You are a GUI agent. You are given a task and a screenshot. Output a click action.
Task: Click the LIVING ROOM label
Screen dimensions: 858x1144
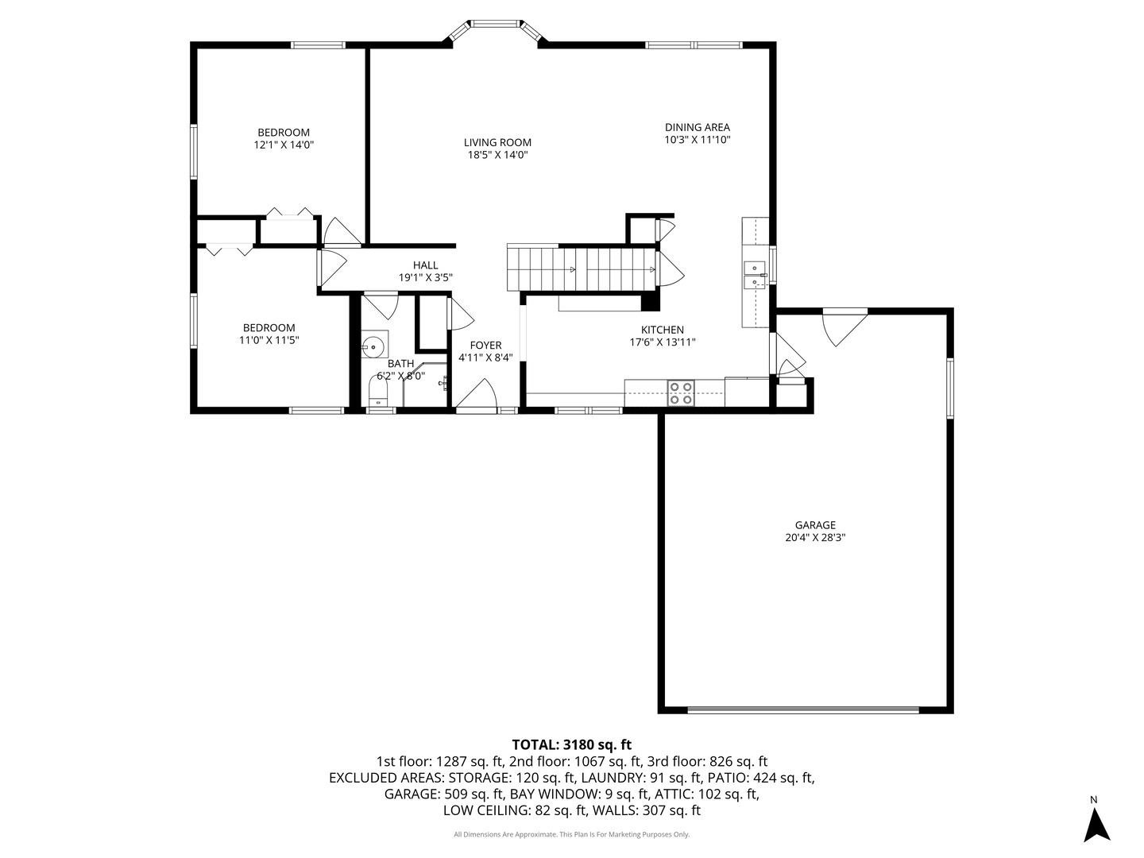click(497, 143)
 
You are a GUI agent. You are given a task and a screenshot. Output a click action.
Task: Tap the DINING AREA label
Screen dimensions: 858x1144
click(697, 127)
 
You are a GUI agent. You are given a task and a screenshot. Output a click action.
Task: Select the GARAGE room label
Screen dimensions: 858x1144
click(815, 525)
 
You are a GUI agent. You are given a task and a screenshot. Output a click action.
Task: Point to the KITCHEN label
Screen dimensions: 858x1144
click(663, 330)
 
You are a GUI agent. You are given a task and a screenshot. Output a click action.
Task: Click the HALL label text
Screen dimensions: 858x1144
click(425, 265)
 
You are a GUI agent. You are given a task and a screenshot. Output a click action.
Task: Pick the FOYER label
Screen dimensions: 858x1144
click(485, 345)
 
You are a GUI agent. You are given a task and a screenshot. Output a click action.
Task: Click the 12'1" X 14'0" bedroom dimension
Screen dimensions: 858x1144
click(284, 145)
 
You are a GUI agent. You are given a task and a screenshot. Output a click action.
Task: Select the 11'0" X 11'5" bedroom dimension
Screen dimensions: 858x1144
click(269, 340)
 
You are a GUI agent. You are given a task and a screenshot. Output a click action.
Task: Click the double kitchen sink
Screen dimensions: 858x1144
click(754, 274)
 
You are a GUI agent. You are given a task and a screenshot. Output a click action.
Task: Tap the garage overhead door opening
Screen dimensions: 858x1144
click(802, 709)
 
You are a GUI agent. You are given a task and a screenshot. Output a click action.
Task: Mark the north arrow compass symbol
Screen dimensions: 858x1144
click(1096, 822)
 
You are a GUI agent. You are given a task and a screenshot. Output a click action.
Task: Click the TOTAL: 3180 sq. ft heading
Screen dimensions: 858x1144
click(571, 744)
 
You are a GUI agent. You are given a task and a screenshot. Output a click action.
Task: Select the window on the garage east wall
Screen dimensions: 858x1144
click(949, 388)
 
